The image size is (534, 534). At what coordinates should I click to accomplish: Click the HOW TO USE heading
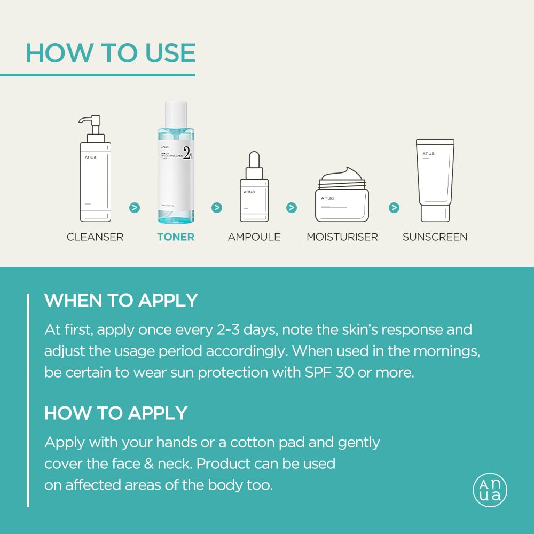[x=111, y=53]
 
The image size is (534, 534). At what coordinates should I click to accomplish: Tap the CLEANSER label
[x=95, y=237]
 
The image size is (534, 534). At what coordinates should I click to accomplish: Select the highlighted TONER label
[x=176, y=237]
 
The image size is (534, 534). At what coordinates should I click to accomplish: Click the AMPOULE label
[x=254, y=237]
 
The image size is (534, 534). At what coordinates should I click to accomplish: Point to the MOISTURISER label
[x=342, y=237]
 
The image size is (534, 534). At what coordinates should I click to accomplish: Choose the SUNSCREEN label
[x=435, y=237]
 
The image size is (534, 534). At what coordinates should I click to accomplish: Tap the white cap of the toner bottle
[x=176, y=114]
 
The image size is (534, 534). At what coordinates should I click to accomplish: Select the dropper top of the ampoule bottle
[x=254, y=163]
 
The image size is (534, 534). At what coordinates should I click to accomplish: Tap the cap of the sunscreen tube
[x=435, y=213]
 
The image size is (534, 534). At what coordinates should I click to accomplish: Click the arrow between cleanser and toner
[x=135, y=207]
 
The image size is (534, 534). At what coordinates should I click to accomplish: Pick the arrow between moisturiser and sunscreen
[x=394, y=207]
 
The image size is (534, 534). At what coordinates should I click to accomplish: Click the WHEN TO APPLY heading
[x=121, y=301]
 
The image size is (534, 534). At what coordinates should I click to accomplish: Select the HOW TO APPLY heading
[x=116, y=413]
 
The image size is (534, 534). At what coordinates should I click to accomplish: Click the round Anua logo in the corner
[x=490, y=490]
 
